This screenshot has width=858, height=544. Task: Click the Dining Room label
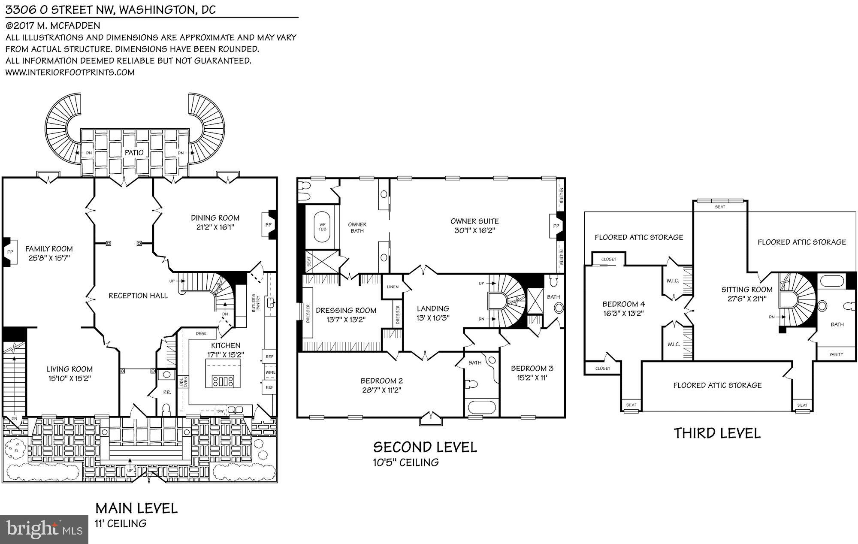215,218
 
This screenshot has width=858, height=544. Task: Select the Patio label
134,153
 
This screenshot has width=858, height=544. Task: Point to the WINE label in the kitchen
270,372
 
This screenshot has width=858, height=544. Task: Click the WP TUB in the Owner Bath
322,227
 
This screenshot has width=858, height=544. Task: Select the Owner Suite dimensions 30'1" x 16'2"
474,231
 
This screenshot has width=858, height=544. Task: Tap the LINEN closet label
393,287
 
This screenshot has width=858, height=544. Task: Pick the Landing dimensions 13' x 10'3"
433,318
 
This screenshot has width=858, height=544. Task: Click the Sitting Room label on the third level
747,290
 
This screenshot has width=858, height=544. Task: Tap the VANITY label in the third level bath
836,354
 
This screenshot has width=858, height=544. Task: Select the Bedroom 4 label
623,304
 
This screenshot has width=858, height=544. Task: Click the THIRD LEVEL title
717,433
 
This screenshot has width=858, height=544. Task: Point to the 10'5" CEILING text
406,462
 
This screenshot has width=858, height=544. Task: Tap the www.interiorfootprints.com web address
70,72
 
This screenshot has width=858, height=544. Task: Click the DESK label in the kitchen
201,333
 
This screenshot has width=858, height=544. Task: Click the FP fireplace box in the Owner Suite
556,226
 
